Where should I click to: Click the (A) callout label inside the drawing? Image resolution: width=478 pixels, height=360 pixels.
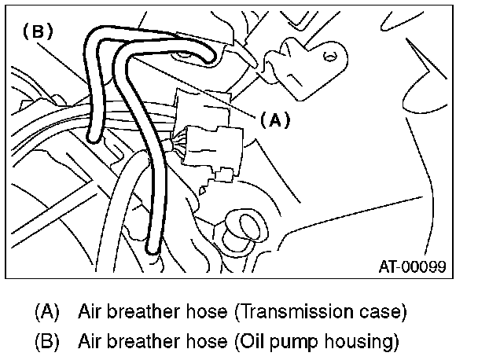pyautogui.click(x=274, y=120)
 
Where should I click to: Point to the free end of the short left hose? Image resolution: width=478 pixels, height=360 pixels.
pyautogui.click(x=93, y=138)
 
